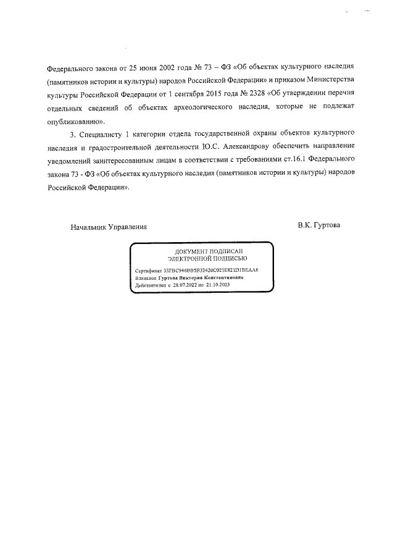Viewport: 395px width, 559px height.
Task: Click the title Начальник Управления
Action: point(109,226)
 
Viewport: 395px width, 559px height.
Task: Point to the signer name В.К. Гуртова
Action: point(318,225)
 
